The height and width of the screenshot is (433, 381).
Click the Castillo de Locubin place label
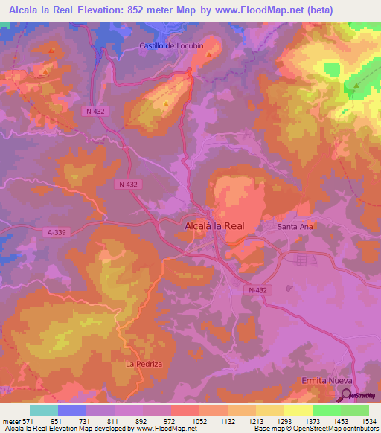click(x=170, y=46)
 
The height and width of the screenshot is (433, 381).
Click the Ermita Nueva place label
click(x=326, y=380)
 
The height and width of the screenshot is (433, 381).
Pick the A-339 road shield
click(x=56, y=231)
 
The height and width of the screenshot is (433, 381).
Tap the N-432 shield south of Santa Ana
click(x=258, y=290)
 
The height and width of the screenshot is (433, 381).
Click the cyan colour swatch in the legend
click(x=44, y=410)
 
